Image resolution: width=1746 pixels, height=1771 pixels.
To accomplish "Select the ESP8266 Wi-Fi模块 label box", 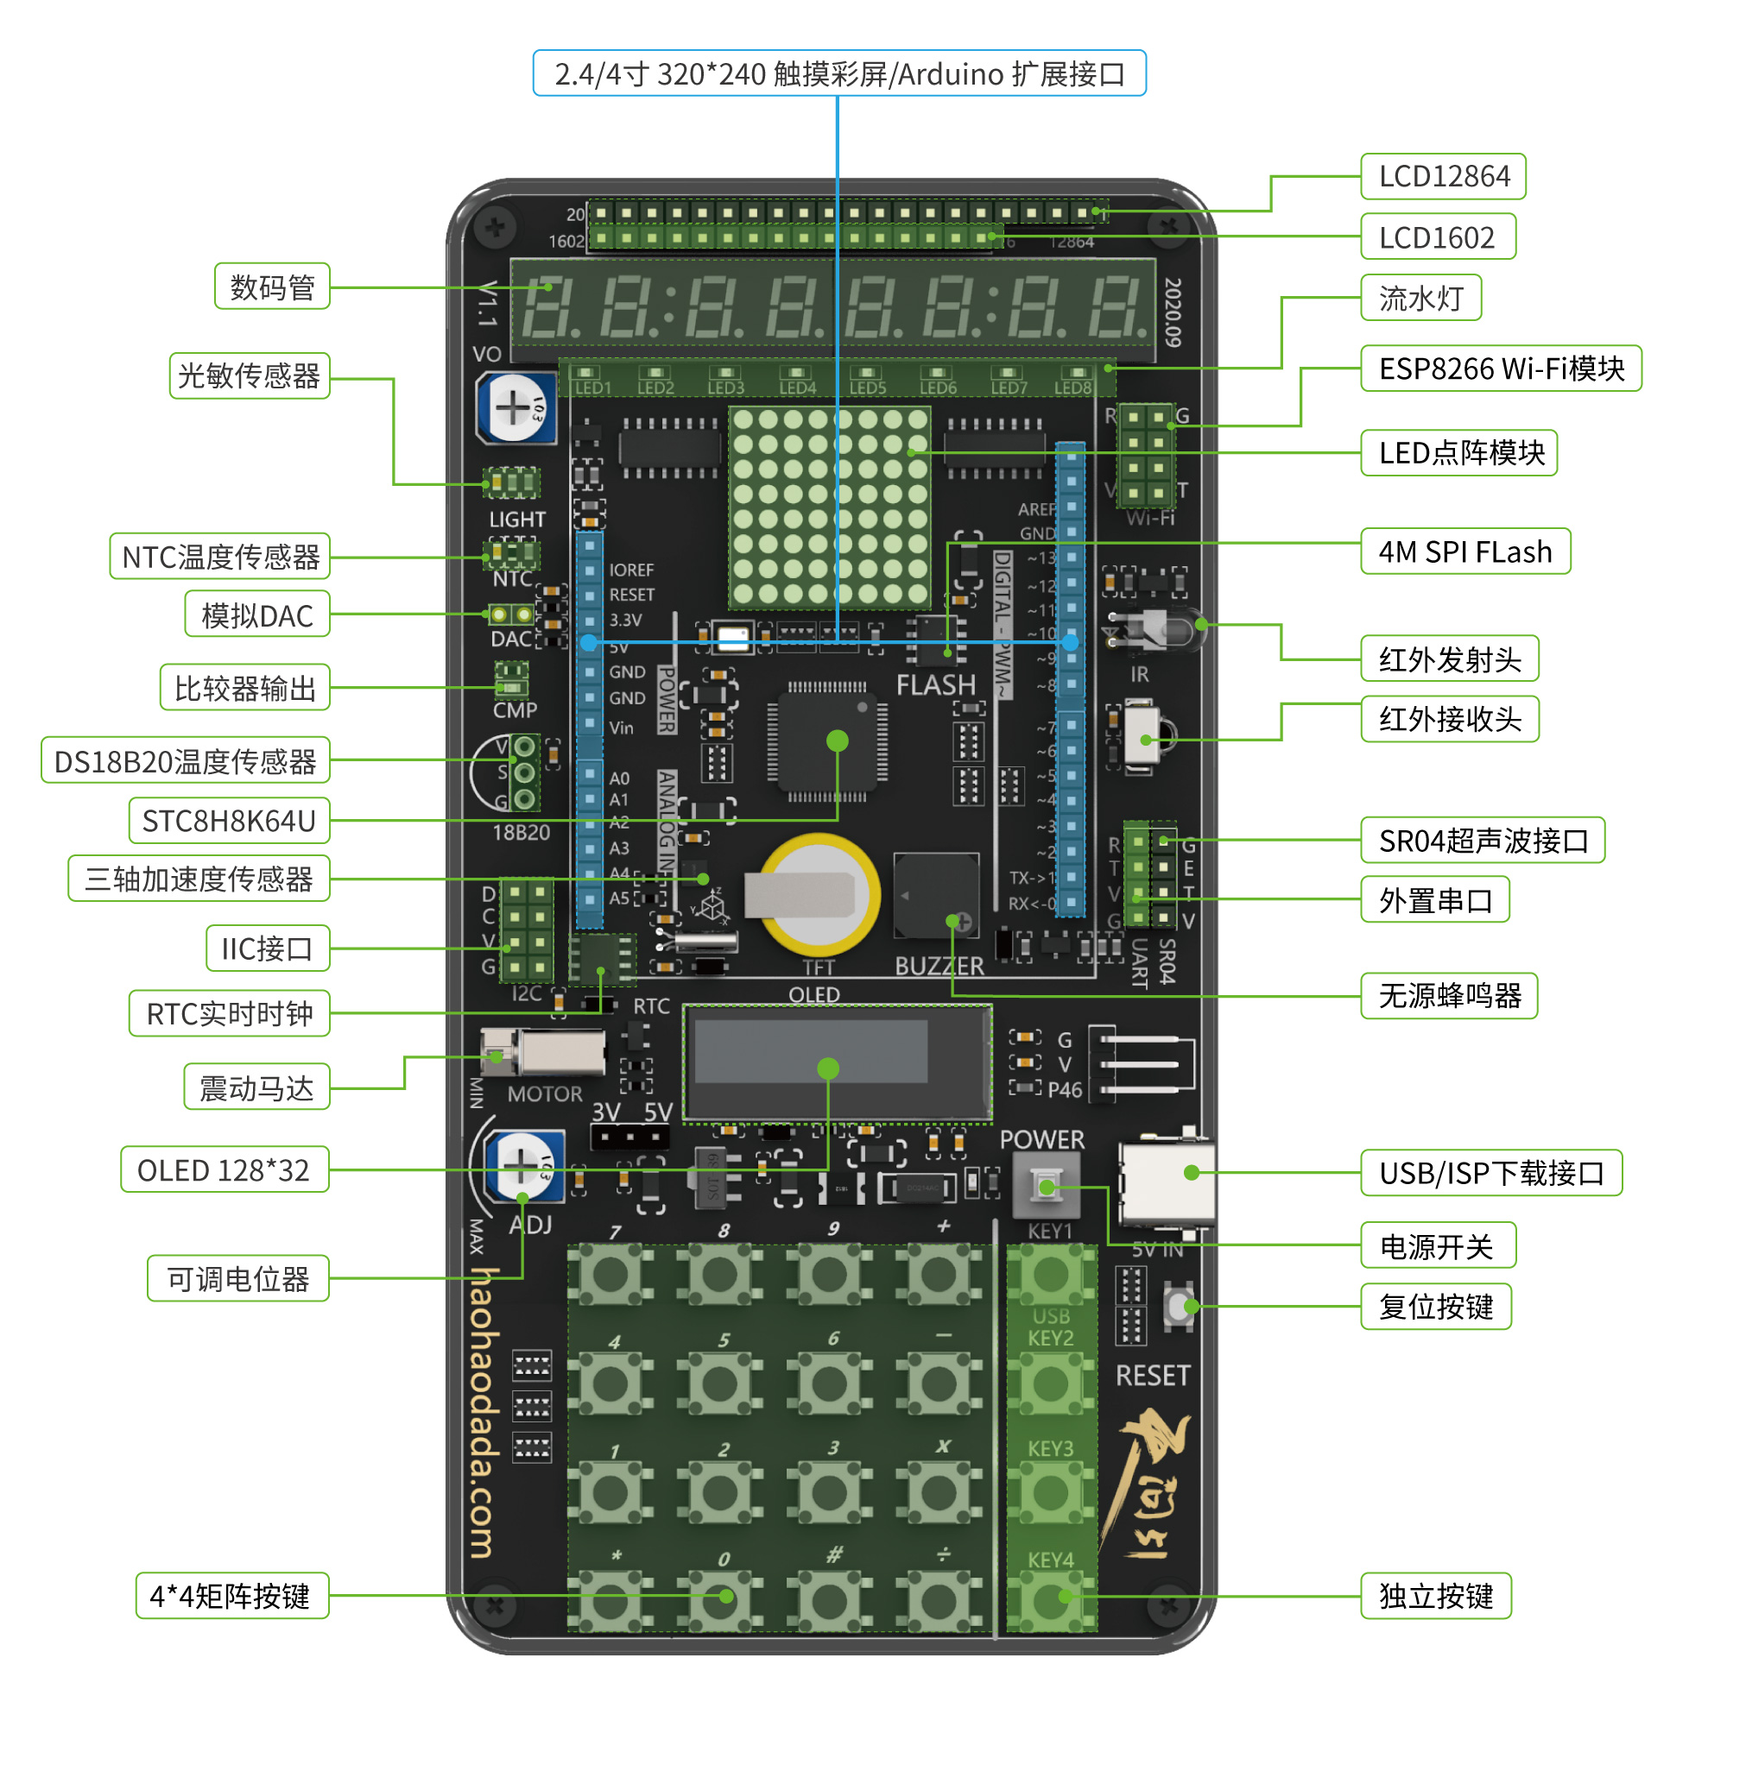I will point(1500,369).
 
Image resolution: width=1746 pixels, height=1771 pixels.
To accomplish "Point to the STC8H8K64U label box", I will point(228,822).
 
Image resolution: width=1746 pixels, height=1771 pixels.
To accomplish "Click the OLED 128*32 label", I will point(224,1170).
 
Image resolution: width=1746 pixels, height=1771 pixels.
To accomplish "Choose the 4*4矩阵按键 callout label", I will point(231,1597).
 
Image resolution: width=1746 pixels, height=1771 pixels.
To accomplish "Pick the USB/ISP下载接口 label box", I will point(1491,1174).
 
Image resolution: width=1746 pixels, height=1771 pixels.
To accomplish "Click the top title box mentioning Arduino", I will point(839,73).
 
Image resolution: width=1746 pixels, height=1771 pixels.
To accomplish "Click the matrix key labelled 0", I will point(721,1599).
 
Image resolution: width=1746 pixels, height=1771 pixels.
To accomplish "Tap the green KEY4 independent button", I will point(1051,1599).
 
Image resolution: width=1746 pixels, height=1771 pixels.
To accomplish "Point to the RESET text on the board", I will point(1153,1376).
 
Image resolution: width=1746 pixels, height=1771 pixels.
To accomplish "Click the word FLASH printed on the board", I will point(935,685).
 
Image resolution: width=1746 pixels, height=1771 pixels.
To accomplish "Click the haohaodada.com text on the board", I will point(484,1413).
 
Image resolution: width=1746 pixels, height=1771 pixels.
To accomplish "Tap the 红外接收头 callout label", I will point(1449,720).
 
